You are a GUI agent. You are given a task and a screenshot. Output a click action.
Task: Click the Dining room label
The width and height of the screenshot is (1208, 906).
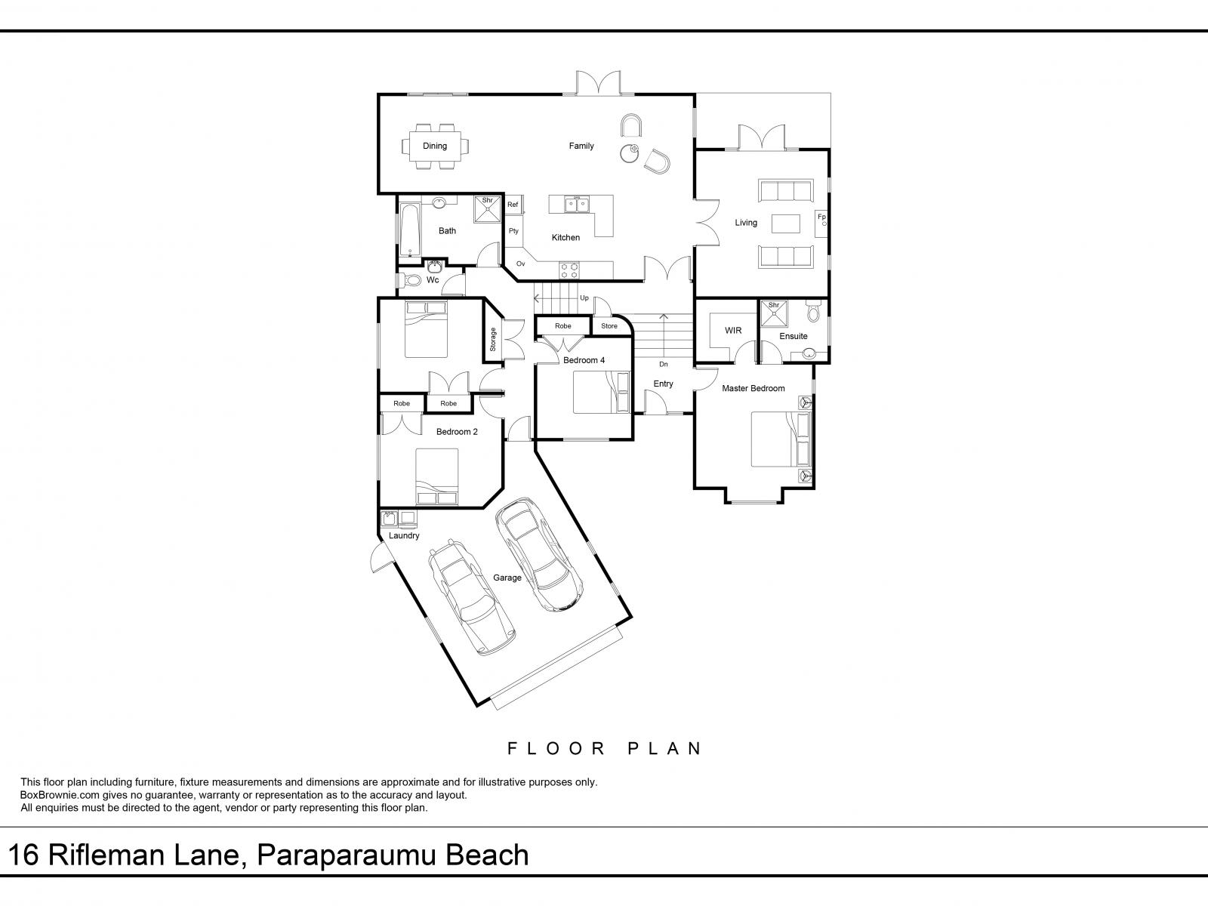(434, 146)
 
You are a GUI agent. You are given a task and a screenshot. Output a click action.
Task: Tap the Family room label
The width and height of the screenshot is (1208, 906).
(581, 146)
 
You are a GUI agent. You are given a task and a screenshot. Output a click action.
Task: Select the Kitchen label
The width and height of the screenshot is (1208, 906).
(565, 238)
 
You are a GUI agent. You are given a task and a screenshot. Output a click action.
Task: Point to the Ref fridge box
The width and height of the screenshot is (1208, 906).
(513, 205)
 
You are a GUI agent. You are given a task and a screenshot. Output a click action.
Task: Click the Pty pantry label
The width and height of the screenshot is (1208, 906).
(513, 231)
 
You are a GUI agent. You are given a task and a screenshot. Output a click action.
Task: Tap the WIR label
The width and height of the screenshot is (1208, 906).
(733, 330)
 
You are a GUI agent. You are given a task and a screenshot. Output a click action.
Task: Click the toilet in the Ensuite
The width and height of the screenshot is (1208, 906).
(813, 312)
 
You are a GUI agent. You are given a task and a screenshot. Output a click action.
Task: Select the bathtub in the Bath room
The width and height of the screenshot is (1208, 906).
(408, 230)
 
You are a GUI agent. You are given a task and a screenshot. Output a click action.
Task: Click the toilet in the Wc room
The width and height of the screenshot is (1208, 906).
(410, 280)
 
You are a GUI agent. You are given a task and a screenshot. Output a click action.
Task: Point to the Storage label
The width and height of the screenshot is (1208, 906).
(493, 340)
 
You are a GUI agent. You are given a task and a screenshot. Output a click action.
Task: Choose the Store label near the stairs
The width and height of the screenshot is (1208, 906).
(609, 325)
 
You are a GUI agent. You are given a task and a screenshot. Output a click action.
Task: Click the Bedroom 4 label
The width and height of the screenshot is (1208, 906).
(584, 360)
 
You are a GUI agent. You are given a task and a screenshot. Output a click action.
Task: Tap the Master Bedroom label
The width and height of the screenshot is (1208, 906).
(753, 388)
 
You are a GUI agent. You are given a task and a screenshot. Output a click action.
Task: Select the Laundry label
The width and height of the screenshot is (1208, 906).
(404, 535)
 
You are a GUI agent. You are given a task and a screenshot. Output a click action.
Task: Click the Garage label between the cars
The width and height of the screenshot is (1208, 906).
(507, 578)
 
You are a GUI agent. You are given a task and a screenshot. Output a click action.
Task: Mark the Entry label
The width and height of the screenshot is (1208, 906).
(663, 384)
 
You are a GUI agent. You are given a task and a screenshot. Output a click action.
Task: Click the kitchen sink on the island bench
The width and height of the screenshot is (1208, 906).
(576, 205)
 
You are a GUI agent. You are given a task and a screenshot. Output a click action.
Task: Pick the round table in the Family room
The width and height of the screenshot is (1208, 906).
(630, 153)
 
